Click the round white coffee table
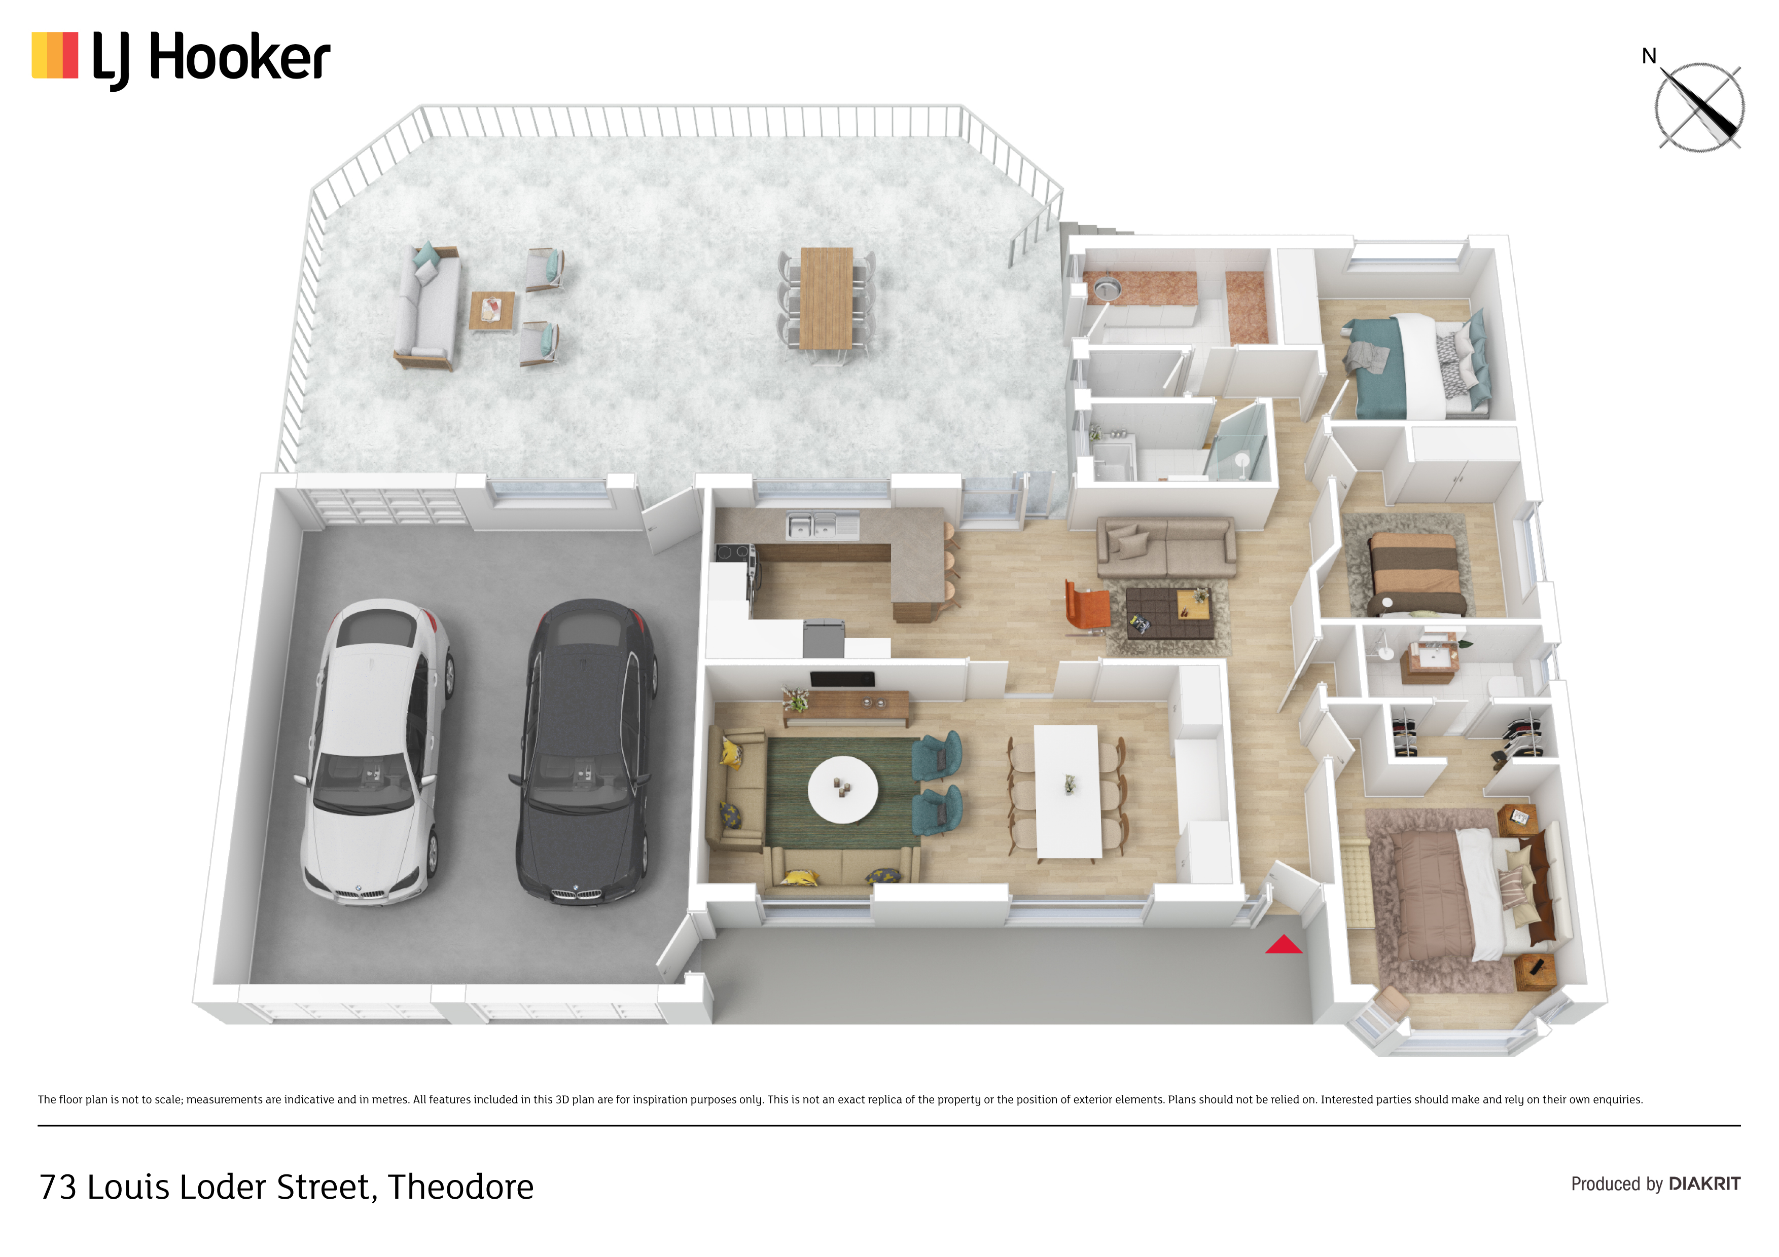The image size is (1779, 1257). tap(842, 789)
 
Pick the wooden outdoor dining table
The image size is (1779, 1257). tap(826, 298)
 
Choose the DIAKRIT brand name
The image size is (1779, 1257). tap(1704, 1184)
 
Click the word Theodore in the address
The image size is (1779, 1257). tap(461, 1187)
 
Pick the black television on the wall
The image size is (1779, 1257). tap(842, 679)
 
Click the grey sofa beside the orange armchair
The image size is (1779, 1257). tap(1166, 547)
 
